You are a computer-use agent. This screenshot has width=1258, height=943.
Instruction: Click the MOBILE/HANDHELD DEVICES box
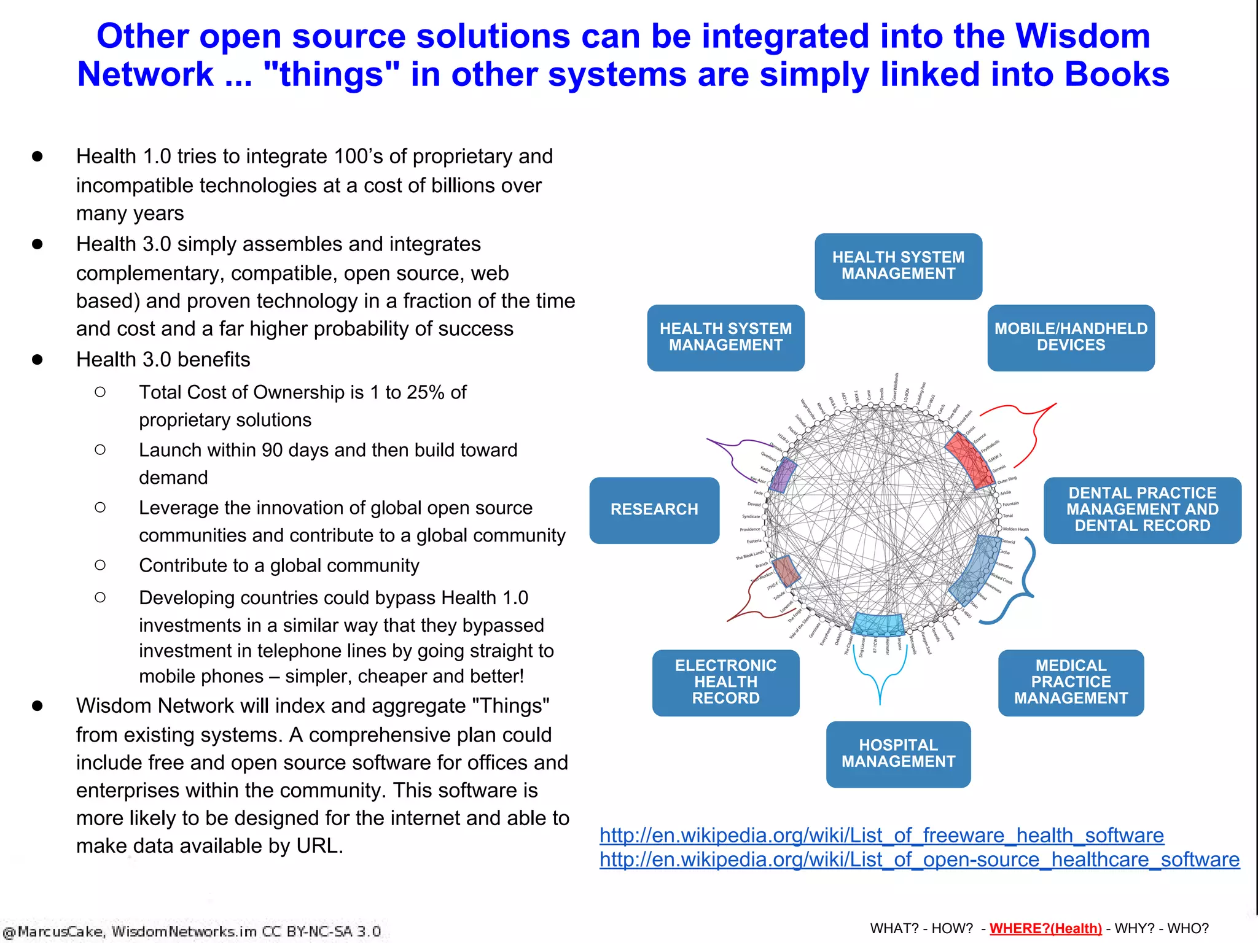1071,337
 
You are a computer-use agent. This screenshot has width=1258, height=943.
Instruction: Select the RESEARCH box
654,510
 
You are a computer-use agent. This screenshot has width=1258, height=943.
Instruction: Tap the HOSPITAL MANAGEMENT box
898,753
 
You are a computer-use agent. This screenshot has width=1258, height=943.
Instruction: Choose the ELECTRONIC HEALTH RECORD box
725,682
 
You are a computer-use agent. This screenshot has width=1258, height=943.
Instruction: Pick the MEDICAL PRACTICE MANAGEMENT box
1071,682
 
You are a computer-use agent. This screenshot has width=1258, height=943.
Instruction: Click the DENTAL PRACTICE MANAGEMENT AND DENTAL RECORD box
1142,510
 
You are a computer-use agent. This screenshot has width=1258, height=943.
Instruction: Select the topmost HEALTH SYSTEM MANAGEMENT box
898,266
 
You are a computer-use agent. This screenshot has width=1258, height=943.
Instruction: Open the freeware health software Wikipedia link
881,836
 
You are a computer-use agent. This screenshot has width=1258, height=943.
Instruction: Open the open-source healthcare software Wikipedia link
919,860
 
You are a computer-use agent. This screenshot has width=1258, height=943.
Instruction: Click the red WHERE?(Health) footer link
1045,928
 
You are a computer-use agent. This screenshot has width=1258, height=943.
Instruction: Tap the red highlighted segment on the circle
969,459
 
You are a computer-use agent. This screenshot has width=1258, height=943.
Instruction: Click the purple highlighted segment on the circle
783,475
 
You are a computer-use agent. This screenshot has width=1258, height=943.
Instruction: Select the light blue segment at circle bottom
878,624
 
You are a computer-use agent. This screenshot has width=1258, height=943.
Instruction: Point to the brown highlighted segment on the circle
786,570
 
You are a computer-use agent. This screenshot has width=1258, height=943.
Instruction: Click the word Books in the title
1117,74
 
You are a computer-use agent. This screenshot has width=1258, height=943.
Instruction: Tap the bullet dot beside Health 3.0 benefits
37,360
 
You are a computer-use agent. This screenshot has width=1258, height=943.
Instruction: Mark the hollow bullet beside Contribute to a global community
100,565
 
